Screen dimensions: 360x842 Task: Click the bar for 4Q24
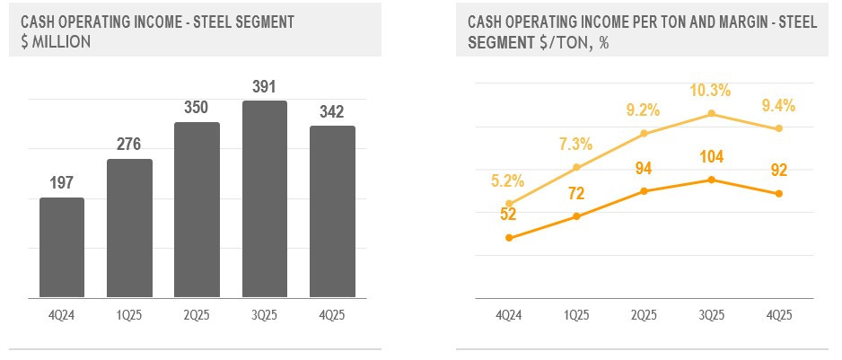pos(62,247)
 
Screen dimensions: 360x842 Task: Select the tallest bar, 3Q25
pos(264,198)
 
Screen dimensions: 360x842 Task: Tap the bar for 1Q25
pos(129,228)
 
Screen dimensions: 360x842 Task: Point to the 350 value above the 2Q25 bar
pos(197,108)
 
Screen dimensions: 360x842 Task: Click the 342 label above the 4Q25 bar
pos(332,111)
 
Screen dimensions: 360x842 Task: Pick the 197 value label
pos(62,183)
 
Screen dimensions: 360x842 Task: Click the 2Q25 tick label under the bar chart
pos(197,315)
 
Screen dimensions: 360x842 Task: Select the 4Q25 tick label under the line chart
pos(779,315)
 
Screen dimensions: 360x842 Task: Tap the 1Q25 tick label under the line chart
pos(576,315)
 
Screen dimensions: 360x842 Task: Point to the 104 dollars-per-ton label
pos(711,159)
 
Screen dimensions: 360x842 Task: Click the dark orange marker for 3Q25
pos(712,180)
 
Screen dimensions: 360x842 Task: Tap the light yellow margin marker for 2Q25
pos(645,134)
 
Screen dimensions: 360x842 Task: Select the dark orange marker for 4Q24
pos(509,238)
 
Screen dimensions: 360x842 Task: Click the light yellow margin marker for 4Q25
pos(779,128)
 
